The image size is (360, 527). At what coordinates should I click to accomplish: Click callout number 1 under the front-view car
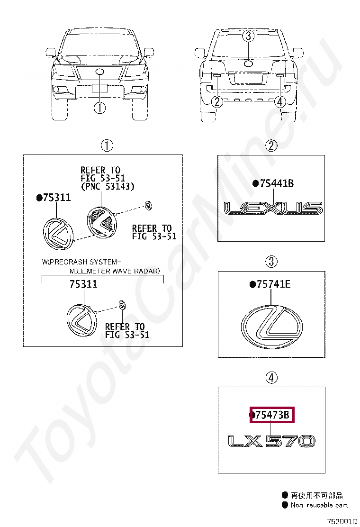[x=100, y=108]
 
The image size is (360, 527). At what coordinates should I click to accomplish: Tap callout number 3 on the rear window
[x=248, y=36]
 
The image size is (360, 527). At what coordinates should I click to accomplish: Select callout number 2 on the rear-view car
[x=217, y=101]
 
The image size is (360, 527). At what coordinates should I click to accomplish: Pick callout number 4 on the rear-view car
[x=280, y=101]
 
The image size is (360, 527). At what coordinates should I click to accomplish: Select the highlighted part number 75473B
[x=272, y=415]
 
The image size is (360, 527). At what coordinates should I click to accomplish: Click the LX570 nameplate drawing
[x=272, y=441]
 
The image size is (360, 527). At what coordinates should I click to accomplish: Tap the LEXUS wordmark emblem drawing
[x=273, y=208]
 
